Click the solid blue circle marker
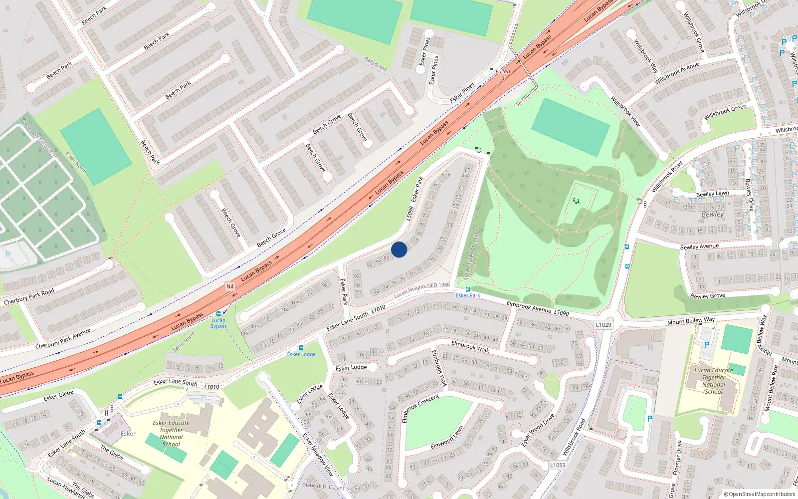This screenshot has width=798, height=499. click(399, 249)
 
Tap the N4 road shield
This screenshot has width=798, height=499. click(230, 286)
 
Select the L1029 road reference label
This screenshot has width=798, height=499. click(603, 325)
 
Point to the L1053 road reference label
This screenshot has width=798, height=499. click(558, 465)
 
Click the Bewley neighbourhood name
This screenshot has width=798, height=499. click(712, 214)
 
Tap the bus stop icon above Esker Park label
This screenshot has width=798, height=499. click(467, 289)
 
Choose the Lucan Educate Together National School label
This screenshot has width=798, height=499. click(714, 381)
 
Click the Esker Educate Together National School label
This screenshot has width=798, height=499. click(171, 433)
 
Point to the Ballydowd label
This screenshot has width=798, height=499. click(375, 64)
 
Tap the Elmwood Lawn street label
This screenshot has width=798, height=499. click(447, 438)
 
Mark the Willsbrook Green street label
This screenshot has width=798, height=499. click(725, 112)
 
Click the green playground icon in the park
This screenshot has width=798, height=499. click(576, 201)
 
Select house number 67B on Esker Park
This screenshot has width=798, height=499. click(446, 175)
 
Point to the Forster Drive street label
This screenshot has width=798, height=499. click(677, 458)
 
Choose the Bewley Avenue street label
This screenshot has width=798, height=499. click(699, 247)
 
